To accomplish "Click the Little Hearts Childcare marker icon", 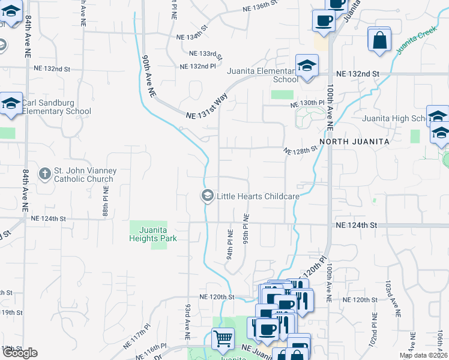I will [207, 196].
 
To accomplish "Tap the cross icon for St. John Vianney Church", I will [44, 175].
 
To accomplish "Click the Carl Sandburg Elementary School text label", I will [57, 107].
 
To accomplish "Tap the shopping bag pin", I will [379, 40].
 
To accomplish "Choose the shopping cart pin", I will [223, 339].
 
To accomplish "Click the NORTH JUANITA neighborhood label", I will [354, 141].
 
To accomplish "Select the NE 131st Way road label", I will [207, 107].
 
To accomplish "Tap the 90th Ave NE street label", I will [149, 77].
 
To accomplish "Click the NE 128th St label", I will [300, 150].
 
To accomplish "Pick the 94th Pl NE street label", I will [230, 243].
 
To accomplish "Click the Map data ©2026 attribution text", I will [423, 355].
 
